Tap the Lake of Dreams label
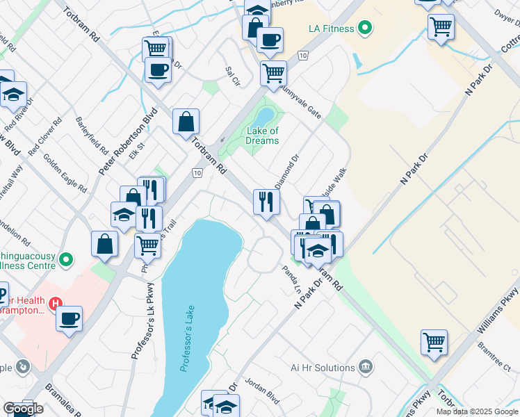point(263,136)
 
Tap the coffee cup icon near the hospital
point(69,319)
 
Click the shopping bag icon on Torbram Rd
point(186,122)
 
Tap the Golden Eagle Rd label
point(65,173)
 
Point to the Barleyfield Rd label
point(92,135)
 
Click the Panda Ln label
point(291,280)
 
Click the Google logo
point(22,409)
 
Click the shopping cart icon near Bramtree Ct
point(434,342)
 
